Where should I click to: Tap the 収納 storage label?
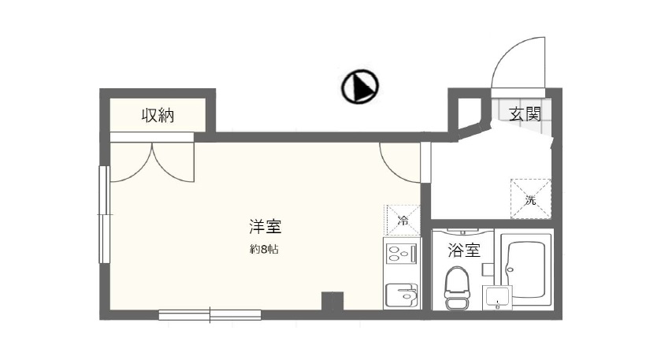click(x=158, y=115)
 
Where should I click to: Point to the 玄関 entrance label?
click(x=524, y=113)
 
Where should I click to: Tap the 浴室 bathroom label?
click(x=464, y=251)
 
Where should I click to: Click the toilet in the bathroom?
click(x=457, y=287)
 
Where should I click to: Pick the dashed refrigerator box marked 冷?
click(x=402, y=218)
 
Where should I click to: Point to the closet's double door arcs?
click(x=151, y=162)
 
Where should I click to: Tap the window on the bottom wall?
click(x=210, y=315)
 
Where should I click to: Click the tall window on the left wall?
click(x=102, y=214)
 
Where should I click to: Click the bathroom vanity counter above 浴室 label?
click(x=463, y=233)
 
